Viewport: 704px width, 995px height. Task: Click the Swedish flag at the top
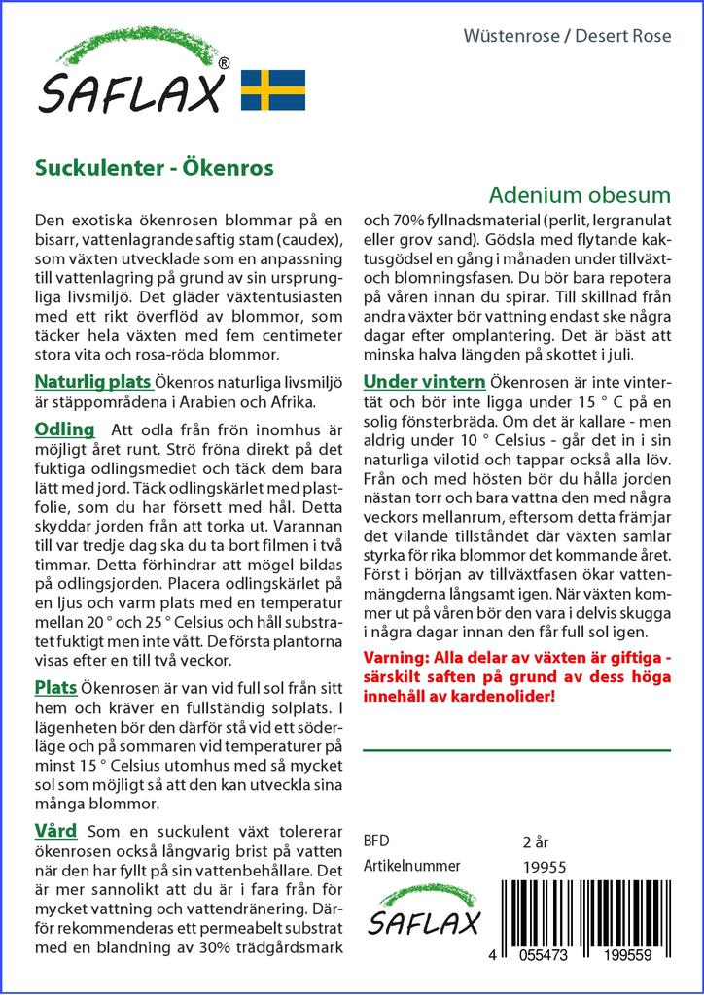coord(273,89)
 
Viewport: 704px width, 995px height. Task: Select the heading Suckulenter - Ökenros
coord(154,167)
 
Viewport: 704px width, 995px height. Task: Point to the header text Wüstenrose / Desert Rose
coord(581,37)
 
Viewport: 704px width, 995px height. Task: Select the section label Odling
coord(64,429)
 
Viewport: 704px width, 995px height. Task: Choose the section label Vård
coord(55,831)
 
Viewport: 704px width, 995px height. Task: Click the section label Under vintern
coord(424,381)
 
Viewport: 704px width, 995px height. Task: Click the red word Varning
coord(397,657)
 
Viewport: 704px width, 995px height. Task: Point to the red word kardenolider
coord(505,696)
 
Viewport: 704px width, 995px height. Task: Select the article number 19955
coord(544,867)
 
